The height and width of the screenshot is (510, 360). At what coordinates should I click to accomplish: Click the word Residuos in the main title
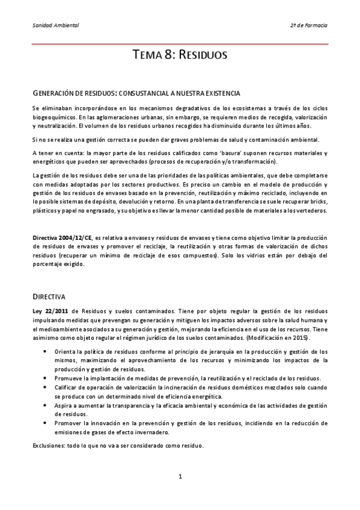[201, 55]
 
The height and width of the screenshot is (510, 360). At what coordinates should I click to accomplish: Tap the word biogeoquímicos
[55, 116]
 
